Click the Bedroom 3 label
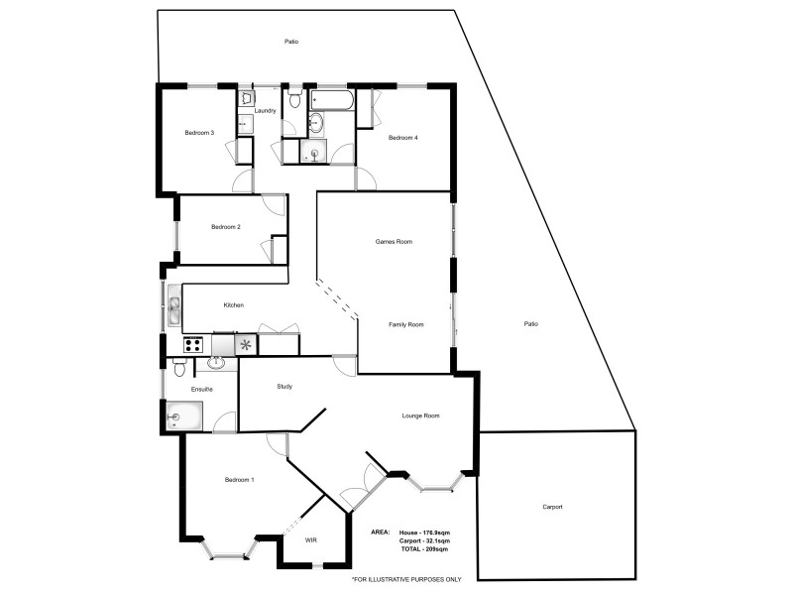199,132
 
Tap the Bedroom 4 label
402,137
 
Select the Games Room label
394,241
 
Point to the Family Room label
405,324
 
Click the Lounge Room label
420,416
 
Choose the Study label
283,386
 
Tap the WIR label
311,539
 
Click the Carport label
552,507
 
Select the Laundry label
265,110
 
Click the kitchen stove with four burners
193,345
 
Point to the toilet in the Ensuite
177,368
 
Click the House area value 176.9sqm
423,533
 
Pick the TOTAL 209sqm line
424,548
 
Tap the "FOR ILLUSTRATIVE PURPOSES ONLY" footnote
406,579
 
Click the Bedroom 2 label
226,227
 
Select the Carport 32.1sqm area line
423,540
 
